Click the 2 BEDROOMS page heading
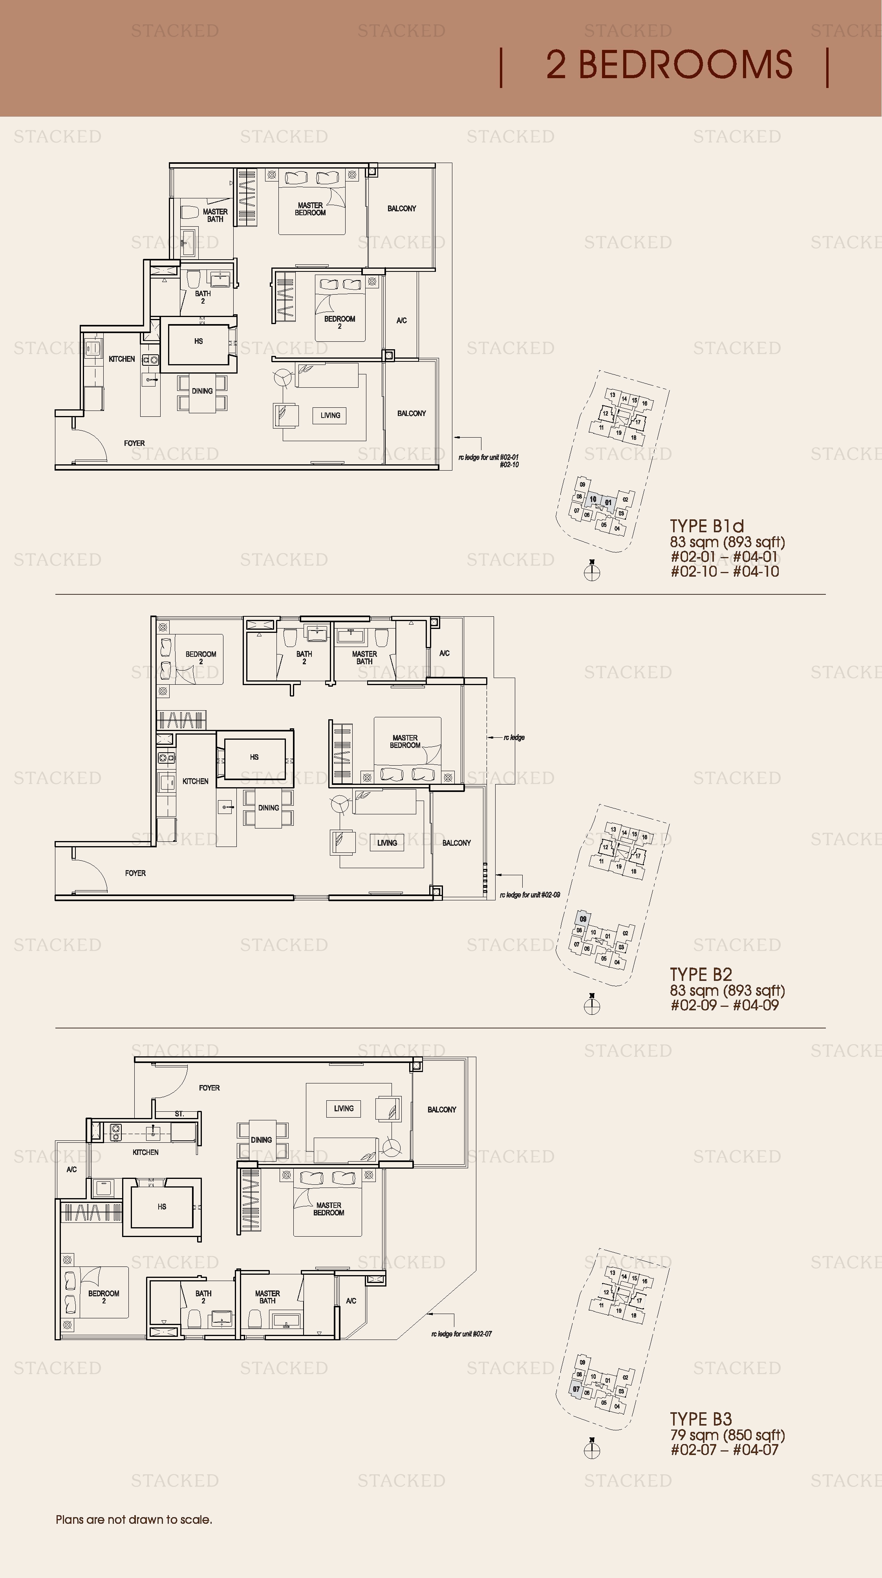(x=669, y=65)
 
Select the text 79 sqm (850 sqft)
(x=727, y=1435)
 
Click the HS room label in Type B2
(x=254, y=757)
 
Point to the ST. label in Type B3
(x=179, y=1114)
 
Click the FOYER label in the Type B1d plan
(x=134, y=443)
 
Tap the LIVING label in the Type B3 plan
(x=344, y=1108)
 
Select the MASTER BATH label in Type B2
(x=364, y=657)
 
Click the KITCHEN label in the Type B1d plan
(x=121, y=359)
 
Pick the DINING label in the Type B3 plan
(x=262, y=1140)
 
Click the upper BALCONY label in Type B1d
(x=402, y=208)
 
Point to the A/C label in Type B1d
(x=402, y=321)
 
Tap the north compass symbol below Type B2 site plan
(x=592, y=1006)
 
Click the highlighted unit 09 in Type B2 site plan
(x=583, y=919)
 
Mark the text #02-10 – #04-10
(x=725, y=572)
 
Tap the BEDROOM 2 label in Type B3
(x=104, y=1297)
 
